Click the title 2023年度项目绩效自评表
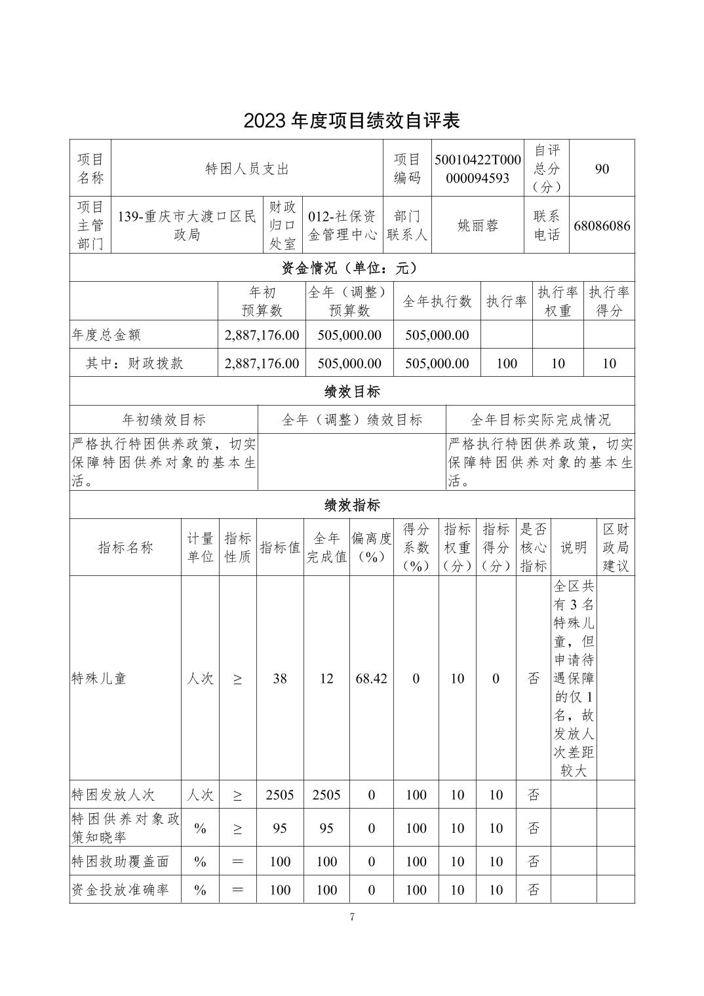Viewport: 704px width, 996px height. click(x=351, y=121)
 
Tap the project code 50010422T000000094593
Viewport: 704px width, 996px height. click(x=477, y=169)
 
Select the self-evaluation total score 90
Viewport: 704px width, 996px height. click(x=602, y=169)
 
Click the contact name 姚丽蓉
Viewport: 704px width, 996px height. click(x=478, y=225)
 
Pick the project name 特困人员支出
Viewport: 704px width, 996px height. click(x=247, y=169)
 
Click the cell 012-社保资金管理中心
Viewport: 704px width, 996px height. click(x=342, y=225)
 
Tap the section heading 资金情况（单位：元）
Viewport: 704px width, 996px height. click(x=351, y=268)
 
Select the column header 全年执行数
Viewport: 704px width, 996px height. click(x=437, y=301)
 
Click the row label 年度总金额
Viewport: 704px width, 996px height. click(x=106, y=335)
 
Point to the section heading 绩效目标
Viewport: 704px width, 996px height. click(x=352, y=392)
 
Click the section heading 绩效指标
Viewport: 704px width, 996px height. click(x=352, y=505)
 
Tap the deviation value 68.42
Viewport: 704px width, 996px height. click(x=371, y=679)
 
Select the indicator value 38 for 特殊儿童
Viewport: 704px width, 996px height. click(x=280, y=679)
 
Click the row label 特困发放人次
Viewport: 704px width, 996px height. click(x=113, y=795)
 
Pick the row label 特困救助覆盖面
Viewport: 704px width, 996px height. click(x=120, y=862)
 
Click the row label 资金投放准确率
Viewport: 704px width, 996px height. click(x=120, y=890)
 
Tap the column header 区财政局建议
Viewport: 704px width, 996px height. click(x=616, y=547)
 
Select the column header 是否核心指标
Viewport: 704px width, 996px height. click(x=534, y=547)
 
